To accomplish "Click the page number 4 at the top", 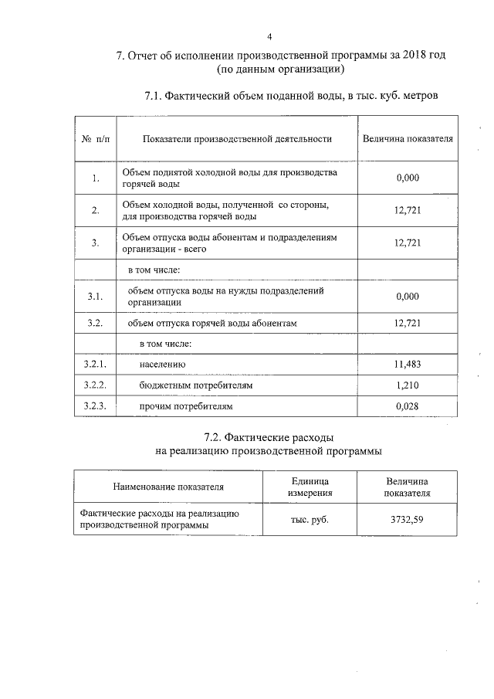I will coord(270,36).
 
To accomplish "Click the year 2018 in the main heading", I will coord(408,56).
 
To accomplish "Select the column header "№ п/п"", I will coord(94,139).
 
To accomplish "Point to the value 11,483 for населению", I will coord(407,363).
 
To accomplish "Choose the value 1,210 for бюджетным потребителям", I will coord(407,384).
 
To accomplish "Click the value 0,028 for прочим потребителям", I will coord(407,405).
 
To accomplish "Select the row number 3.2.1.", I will coord(94,363).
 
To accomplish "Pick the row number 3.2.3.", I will coord(94,405).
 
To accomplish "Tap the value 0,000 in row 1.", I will coord(407,178).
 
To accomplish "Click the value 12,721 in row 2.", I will coord(407,210).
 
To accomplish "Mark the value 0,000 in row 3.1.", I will coord(407,296).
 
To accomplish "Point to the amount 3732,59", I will coord(407,519).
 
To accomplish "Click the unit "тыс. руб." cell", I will coord(310,519).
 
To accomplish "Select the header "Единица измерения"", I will coord(310,487).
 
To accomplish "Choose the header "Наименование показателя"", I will coord(167,487).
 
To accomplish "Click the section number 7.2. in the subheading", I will coord(217,438).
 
